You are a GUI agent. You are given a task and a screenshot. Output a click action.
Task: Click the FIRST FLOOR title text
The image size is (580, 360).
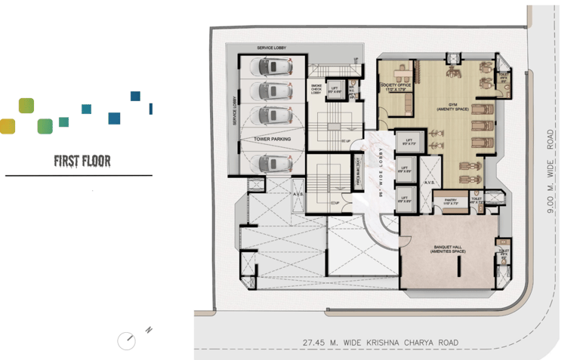(82, 161)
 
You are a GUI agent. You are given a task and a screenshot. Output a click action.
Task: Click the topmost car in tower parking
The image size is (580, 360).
(274, 67)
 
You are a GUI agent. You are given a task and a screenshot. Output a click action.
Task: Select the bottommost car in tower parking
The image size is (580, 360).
(274, 162)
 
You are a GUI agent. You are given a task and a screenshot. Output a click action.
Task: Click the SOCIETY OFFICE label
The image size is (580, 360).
(396, 85)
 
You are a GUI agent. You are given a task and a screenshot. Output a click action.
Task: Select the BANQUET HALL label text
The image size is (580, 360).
(449, 248)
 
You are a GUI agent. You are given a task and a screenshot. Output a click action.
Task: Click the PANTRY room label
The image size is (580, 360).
(451, 202)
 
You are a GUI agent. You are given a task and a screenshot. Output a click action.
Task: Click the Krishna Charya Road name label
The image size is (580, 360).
(381, 343)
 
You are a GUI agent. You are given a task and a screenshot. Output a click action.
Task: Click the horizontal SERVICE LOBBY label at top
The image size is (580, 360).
(270, 48)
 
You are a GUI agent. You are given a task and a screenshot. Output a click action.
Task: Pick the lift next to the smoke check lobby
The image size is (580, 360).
(335, 91)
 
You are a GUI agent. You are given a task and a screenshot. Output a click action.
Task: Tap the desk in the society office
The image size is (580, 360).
(396, 73)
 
